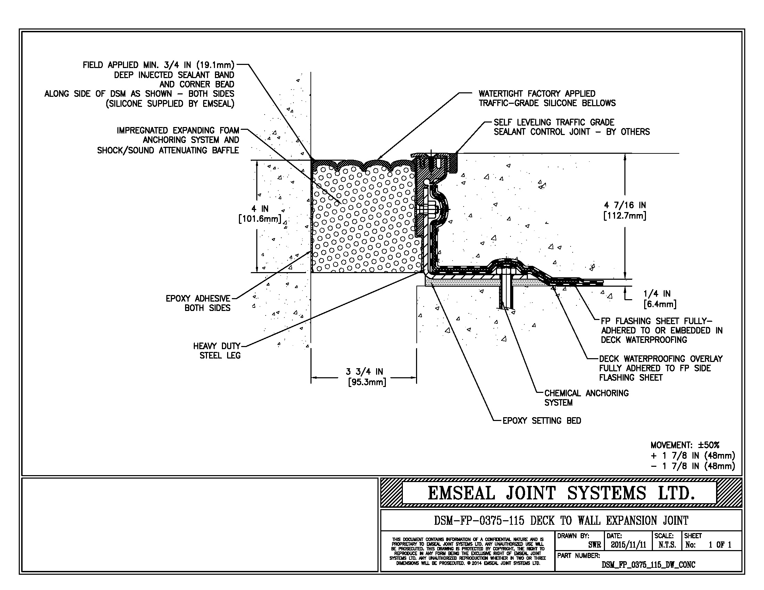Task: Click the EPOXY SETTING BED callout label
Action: pyautogui.click(x=542, y=421)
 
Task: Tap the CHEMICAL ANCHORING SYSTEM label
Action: pyautogui.click(x=586, y=398)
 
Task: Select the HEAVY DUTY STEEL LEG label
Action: pyautogui.click(x=217, y=351)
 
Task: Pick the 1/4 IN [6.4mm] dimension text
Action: pyautogui.click(x=660, y=299)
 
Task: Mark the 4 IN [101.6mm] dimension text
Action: pyautogui.click(x=260, y=214)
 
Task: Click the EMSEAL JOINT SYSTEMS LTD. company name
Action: pyautogui.click(x=561, y=493)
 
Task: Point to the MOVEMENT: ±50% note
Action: pyautogui.click(x=685, y=445)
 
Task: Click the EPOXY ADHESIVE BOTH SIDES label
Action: pyautogui.click(x=198, y=303)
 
